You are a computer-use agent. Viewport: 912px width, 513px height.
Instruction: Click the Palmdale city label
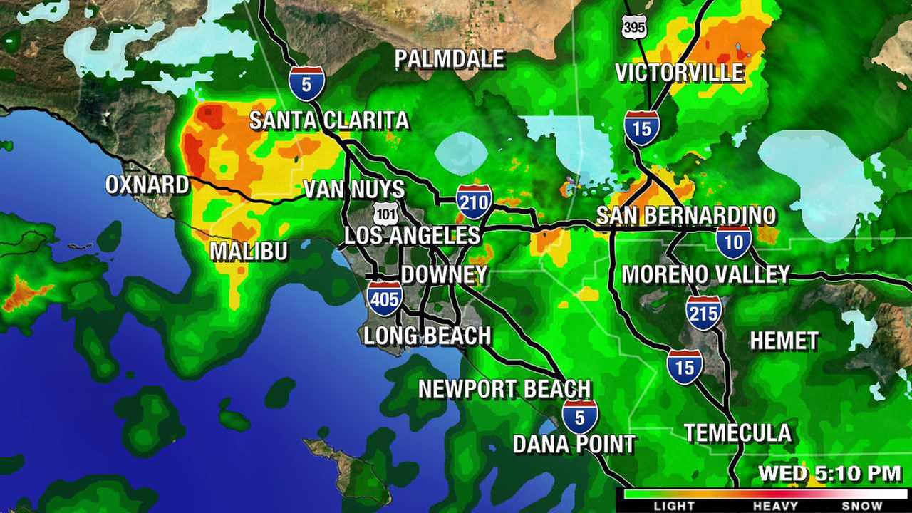(450, 59)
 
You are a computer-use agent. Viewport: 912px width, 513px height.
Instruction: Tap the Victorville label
(679, 73)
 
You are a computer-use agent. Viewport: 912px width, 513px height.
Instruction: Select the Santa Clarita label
(328, 120)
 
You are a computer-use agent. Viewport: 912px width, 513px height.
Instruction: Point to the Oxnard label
(147, 185)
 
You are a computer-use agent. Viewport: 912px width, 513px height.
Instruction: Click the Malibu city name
(249, 251)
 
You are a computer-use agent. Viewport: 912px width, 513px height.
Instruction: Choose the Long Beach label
(427, 336)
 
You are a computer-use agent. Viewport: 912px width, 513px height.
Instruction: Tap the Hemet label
(784, 341)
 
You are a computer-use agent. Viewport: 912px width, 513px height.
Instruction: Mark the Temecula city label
(737, 432)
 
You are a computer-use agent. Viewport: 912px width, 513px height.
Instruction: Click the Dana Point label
(574, 445)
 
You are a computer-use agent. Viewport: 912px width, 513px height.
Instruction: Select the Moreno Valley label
(706, 274)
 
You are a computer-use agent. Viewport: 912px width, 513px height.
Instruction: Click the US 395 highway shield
(634, 26)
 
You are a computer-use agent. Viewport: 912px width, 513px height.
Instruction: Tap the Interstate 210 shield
(475, 202)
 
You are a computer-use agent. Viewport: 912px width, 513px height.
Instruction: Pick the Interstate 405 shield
(385, 298)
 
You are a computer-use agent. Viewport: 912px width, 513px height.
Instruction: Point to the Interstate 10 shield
(734, 242)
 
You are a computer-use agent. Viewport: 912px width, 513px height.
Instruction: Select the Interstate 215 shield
(704, 313)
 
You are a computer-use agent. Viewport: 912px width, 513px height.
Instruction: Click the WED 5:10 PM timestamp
(829, 473)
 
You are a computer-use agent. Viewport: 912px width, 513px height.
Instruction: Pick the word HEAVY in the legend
(776, 506)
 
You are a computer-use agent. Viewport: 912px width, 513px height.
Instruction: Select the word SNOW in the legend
(861, 506)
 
